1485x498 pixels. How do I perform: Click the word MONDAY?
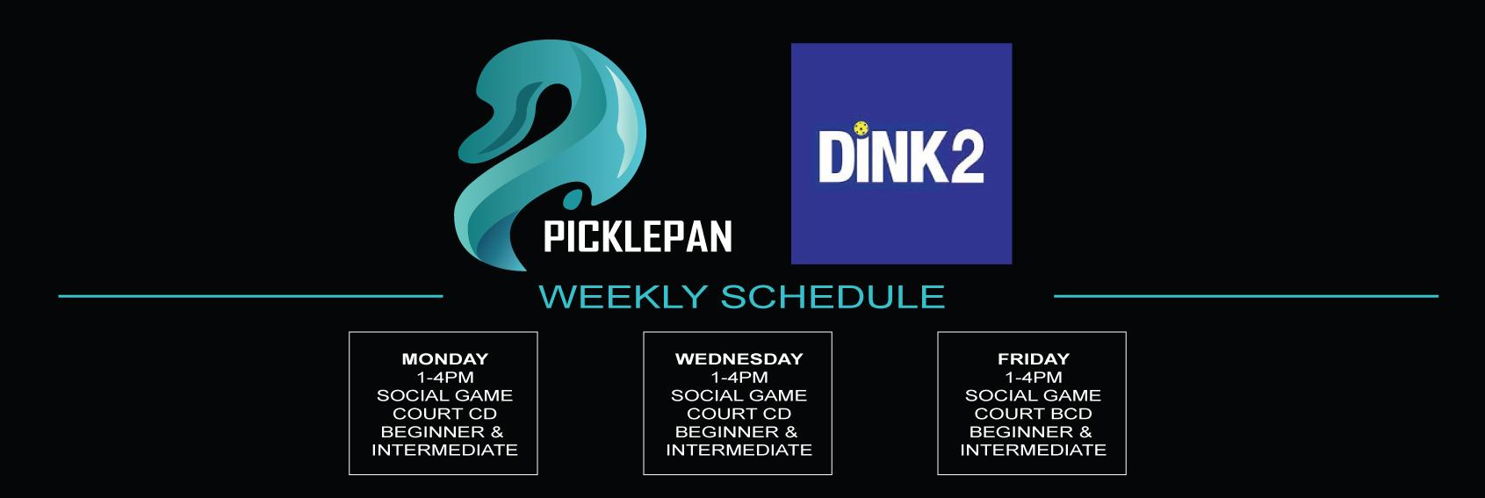[445, 358]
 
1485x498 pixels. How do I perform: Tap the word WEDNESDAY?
[739, 358]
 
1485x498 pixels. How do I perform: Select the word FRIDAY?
[1034, 358]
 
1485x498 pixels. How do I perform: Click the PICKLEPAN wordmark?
[638, 236]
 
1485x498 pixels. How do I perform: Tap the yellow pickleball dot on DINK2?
[861, 127]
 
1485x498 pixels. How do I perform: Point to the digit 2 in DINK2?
[967, 156]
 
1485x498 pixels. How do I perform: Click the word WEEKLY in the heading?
[624, 296]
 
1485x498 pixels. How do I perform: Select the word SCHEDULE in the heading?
[833, 296]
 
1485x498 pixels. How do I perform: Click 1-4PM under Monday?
[445, 378]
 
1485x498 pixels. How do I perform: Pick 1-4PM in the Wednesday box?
[739, 378]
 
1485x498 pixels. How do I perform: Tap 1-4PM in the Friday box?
[1034, 378]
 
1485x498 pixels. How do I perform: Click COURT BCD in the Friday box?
[1034, 414]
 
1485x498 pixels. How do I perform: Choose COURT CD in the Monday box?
[445, 414]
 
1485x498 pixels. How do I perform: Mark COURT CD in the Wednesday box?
[739, 414]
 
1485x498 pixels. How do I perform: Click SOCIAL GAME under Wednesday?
[739, 395]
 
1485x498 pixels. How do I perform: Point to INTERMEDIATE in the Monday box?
[445, 451]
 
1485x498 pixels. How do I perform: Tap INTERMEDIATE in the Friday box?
[1034, 451]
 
